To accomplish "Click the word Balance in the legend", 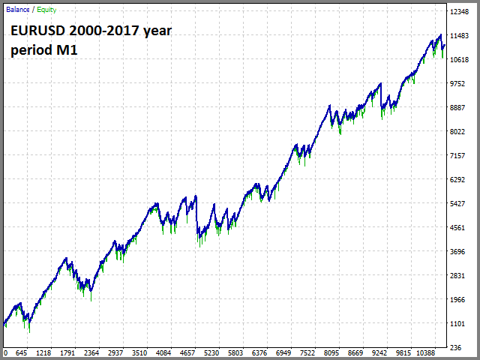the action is (x=18, y=10).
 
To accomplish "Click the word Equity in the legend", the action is (x=46, y=10).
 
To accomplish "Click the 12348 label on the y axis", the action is (x=460, y=12).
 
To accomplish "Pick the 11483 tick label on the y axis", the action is (x=460, y=36).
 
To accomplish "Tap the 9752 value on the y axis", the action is (x=457, y=83).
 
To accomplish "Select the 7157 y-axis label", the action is (x=457, y=155).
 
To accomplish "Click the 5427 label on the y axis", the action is (x=457, y=203).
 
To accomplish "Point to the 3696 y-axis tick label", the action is (x=457, y=252).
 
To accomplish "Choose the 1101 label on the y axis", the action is (x=457, y=323).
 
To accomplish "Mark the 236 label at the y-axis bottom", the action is (x=456, y=348).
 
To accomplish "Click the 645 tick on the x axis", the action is (x=22, y=353).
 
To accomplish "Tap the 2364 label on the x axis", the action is (x=91, y=353).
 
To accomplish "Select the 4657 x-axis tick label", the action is (x=187, y=353).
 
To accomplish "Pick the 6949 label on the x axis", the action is (x=283, y=353).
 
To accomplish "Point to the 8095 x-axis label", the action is (x=331, y=353).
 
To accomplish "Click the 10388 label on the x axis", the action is (x=426, y=353).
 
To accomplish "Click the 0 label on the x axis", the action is (x=5, y=353).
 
